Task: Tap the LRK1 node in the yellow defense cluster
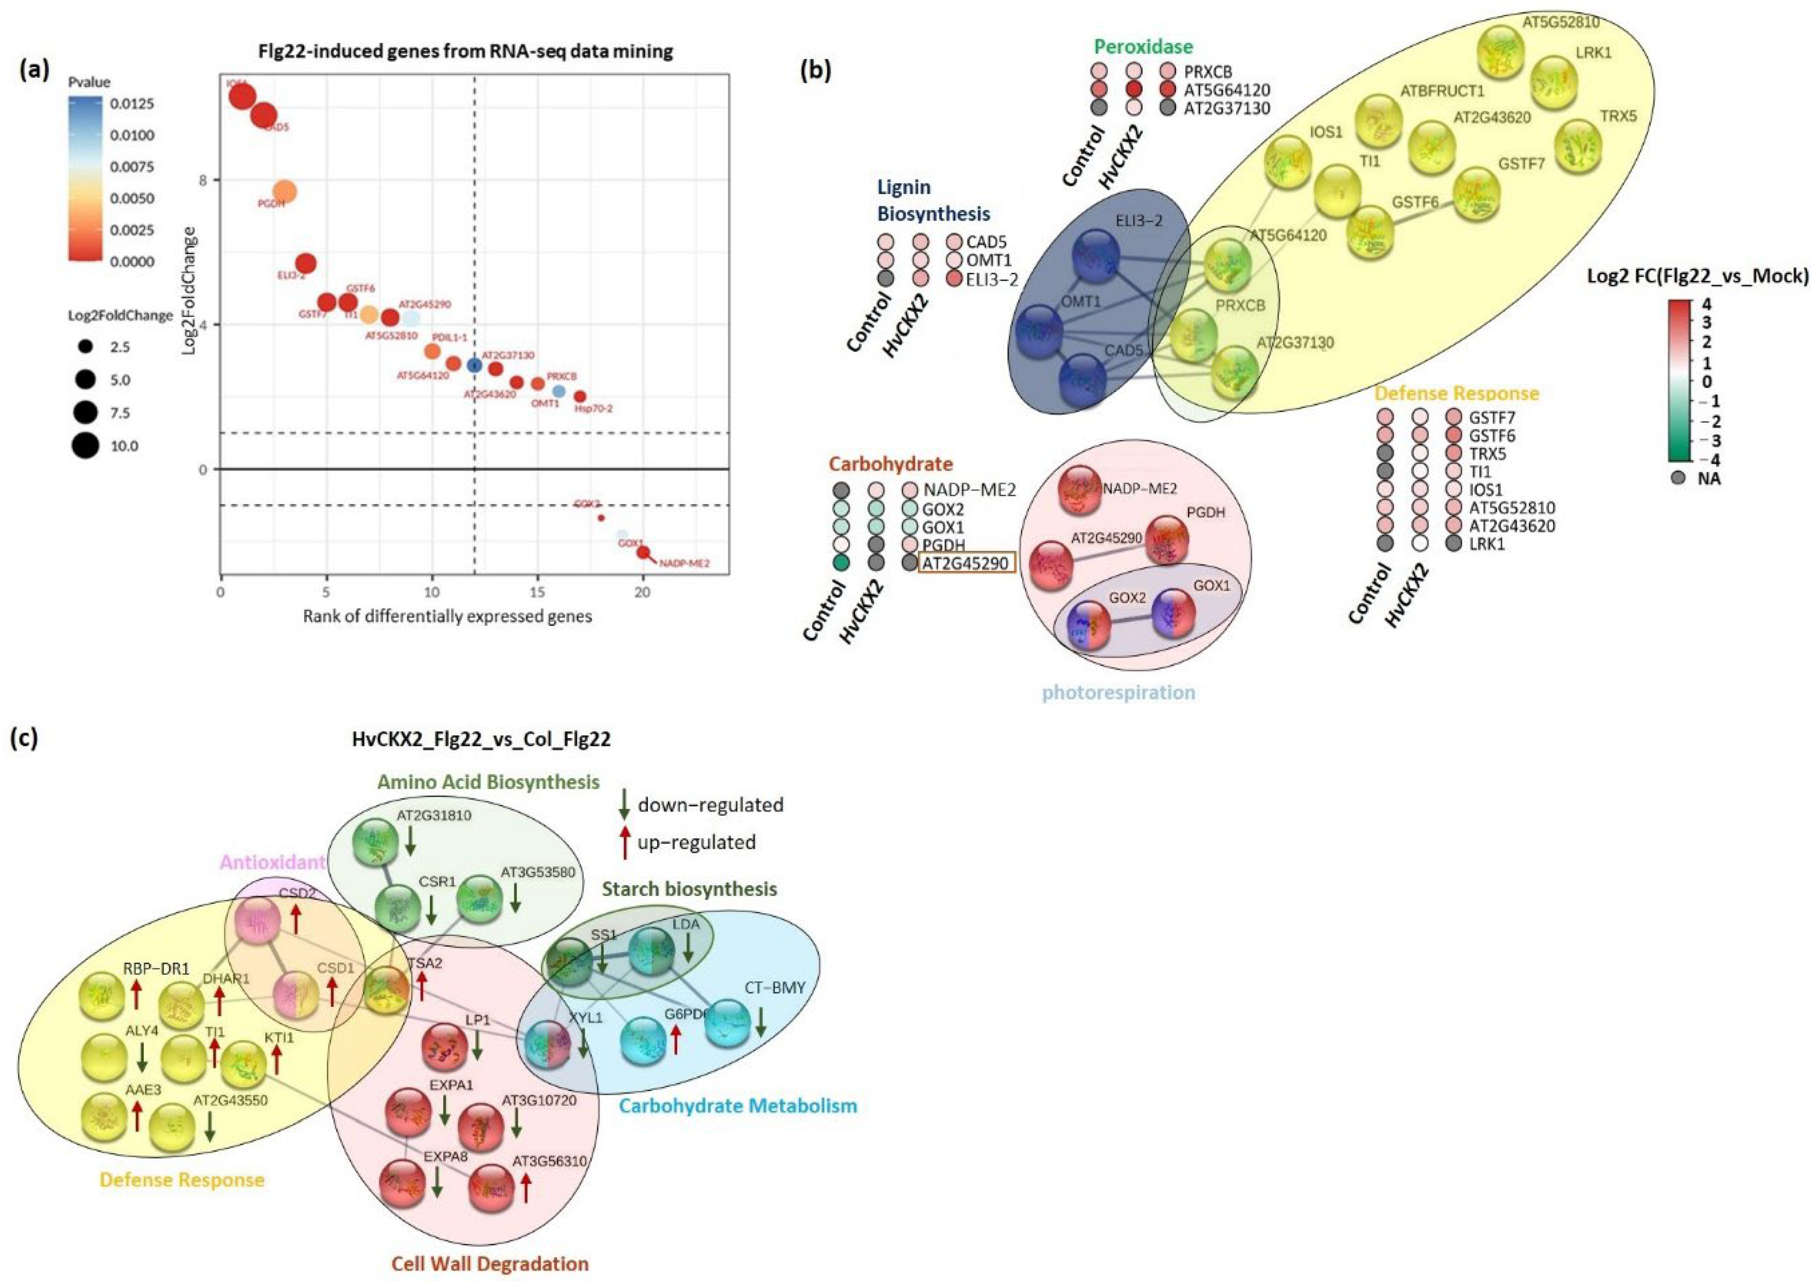[x=1554, y=81]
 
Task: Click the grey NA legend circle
[x=1679, y=478]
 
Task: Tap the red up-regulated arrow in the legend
[x=624, y=841]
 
